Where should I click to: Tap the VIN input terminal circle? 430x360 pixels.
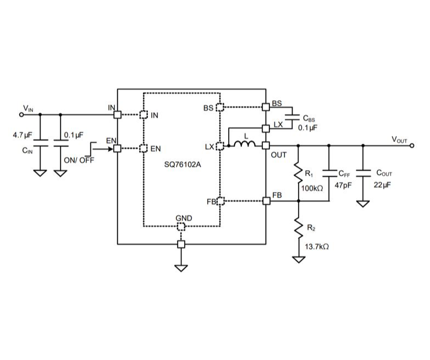point(22,114)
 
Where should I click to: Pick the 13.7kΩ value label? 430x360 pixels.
point(317,247)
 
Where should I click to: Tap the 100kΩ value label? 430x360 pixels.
point(312,188)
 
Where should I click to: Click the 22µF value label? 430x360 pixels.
point(383,185)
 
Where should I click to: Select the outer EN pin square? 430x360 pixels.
point(117,148)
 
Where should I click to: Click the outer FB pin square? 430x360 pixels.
point(267,201)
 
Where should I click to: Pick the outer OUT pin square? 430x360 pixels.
point(267,145)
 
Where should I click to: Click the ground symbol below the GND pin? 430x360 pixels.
point(181,268)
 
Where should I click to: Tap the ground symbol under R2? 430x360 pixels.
point(298,259)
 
